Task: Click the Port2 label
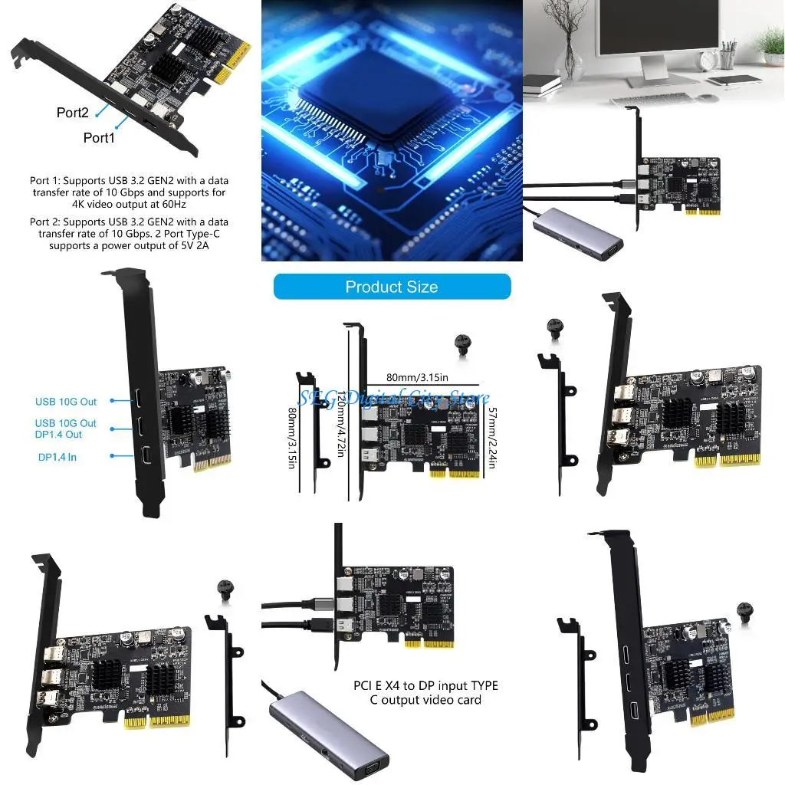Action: [x=73, y=113]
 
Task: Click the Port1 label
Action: [x=99, y=138]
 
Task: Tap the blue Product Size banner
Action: [x=392, y=287]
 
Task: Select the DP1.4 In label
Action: [x=57, y=458]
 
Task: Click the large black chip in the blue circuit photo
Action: [x=368, y=92]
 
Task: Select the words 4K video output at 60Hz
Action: [x=128, y=204]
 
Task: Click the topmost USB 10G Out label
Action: [x=66, y=402]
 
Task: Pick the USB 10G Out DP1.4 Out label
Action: [x=66, y=429]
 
